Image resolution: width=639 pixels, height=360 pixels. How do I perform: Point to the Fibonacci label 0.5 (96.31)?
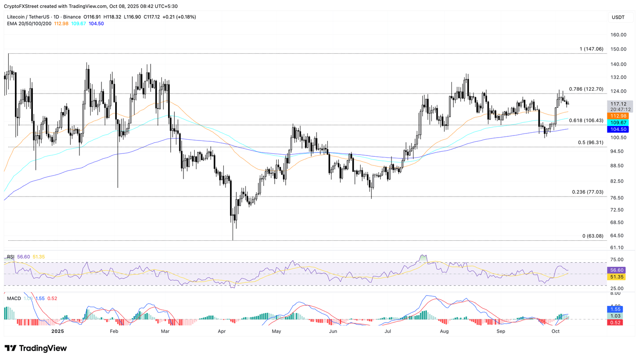590,143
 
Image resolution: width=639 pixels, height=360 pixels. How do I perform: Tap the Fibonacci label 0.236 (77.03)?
587,192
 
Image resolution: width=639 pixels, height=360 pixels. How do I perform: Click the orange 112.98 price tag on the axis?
618,116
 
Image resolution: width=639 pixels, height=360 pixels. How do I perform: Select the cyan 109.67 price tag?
618,123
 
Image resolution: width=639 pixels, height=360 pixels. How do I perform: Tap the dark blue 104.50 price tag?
618,129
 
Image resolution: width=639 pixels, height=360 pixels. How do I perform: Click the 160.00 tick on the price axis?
618,35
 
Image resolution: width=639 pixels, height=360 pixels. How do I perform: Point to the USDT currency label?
618,17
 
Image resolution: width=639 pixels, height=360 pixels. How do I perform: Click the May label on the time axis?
276,331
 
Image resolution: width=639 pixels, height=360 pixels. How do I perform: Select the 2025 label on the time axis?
57,331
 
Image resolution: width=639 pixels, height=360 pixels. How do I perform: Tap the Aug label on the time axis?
444,331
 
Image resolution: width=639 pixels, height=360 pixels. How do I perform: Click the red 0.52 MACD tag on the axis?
615,323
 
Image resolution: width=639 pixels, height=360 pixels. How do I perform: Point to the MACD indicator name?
14,298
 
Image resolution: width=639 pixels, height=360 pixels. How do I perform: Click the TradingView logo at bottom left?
36,348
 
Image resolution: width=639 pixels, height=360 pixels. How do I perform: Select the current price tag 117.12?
618,104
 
